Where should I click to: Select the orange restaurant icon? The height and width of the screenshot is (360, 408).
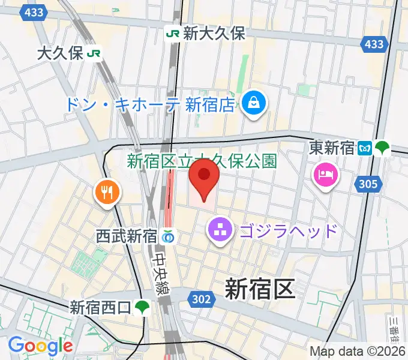[x=107, y=193]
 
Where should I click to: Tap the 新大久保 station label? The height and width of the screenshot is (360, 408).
[x=214, y=34]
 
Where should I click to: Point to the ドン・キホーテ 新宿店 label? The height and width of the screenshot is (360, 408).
[x=148, y=105]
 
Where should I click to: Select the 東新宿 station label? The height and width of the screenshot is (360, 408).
[x=332, y=148]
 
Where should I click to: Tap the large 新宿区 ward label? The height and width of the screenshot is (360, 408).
[x=260, y=289]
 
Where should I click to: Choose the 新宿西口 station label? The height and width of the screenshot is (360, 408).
[x=100, y=308]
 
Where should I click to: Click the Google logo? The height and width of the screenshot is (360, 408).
[x=40, y=346]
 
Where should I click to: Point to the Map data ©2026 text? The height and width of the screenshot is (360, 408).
[x=358, y=351]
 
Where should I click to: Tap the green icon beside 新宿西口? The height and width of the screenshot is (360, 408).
[x=142, y=308]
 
